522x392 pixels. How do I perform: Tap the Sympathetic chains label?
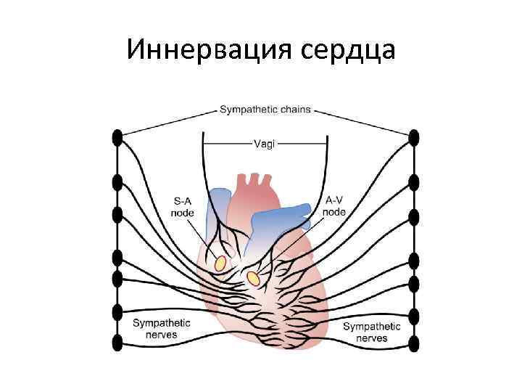point(265,110)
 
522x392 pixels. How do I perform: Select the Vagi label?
point(264,144)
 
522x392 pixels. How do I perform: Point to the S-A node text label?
point(182,206)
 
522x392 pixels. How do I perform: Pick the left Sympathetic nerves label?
point(162,329)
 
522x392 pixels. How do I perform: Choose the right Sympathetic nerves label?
point(371,332)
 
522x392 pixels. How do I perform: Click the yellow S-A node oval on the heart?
point(220,261)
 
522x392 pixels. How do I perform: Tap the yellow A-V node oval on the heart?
point(253,278)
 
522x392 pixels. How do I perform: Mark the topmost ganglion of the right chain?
point(414,136)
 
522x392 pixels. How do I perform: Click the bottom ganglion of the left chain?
point(116,342)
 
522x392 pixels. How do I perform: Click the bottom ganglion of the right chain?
point(414,343)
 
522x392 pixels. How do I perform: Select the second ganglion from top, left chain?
point(116,181)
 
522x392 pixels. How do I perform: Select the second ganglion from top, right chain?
point(414,181)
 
